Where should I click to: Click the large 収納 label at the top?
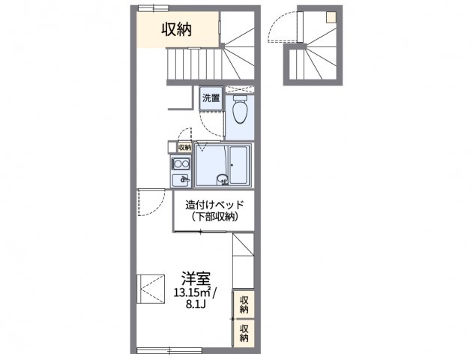pyautogui.click(x=178, y=30)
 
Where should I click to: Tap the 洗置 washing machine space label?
pyautogui.click(x=211, y=98)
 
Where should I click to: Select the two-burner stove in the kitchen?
pyautogui.click(x=180, y=164)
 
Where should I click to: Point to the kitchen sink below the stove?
pyautogui.click(x=180, y=180)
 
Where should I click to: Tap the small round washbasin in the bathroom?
pyautogui.click(x=221, y=179)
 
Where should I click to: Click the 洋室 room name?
pyautogui.click(x=193, y=276)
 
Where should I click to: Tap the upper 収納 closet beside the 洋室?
pyautogui.click(x=244, y=304)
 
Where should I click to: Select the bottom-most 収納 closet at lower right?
pyautogui.click(x=244, y=333)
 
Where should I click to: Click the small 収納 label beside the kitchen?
pyautogui.click(x=184, y=147)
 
